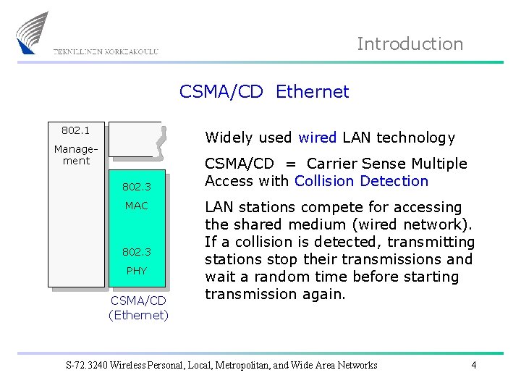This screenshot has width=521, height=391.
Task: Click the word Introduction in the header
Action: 410,44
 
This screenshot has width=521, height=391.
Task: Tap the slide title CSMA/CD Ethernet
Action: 264,92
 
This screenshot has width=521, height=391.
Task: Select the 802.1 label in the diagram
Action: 75,130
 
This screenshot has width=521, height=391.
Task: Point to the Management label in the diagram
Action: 76,155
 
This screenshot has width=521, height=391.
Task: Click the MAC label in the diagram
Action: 136,206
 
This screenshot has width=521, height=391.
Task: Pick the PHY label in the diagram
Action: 136,271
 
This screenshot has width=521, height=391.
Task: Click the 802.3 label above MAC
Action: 136,187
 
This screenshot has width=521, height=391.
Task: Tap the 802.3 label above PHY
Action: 136,252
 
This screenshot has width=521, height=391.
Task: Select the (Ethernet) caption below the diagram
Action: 138,315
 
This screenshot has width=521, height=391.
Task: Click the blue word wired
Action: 317,138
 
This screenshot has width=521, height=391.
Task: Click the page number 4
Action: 473,365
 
